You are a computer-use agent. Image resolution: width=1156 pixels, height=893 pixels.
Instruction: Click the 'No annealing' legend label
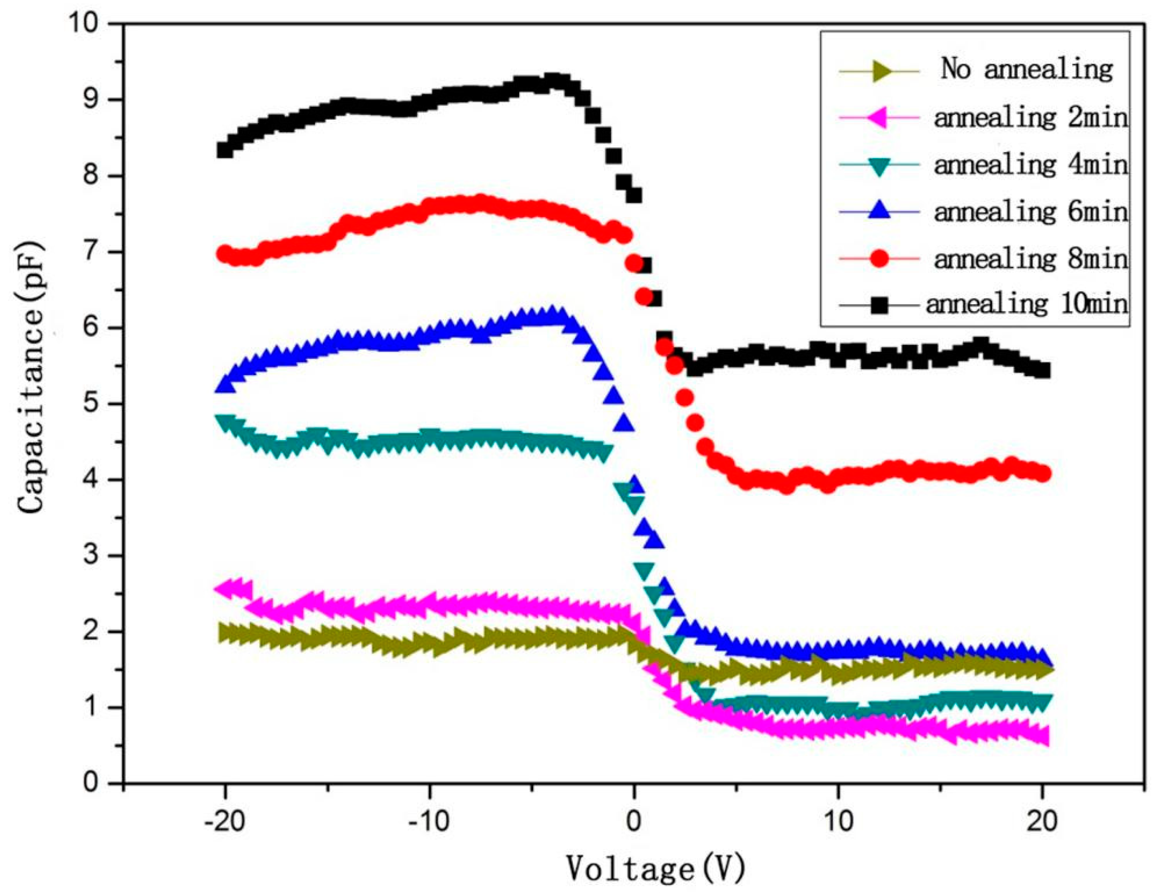(1027, 69)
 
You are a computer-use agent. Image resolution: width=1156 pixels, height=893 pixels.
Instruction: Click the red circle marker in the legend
(879, 259)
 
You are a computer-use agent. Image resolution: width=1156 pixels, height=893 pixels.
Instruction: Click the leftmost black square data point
(225, 150)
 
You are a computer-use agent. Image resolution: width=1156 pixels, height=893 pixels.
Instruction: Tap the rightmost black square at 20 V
(1043, 371)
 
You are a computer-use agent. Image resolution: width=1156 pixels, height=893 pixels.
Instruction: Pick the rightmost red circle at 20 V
(1043, 474)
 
